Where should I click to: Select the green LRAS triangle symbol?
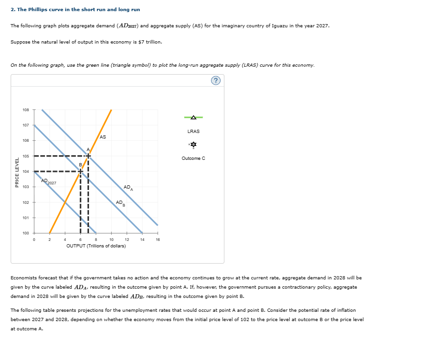tap(193, 117)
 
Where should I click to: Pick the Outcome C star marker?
tap(193, 145)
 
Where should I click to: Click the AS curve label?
tap(102, 137)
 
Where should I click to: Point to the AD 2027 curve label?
tap(48, 182)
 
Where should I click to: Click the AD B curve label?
tap(120, 203)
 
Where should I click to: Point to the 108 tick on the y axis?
tap(25, 110)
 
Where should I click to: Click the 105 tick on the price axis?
tap(25, 156)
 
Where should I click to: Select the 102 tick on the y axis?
tap(25, 202)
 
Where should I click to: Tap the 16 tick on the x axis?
tap(158, 240)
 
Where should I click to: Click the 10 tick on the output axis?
tap(111, 240)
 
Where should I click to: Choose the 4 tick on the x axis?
tap(65, 240)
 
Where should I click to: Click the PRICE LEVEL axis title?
tap(17, 172)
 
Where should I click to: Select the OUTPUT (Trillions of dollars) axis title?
tap(96, 246)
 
